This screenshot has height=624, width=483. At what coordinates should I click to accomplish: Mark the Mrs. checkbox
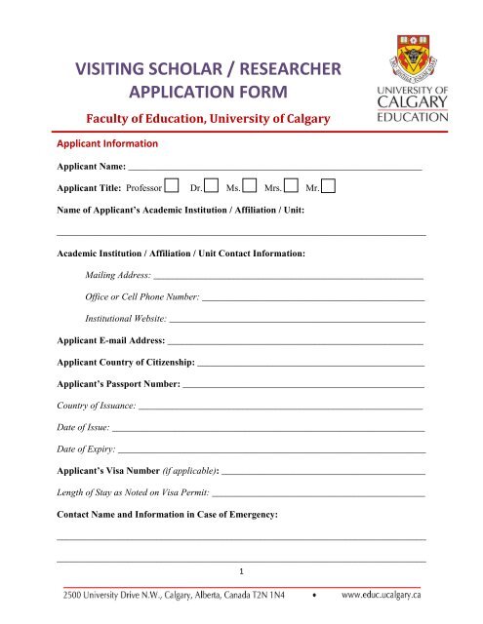pyautogui.click(x=290, y=185)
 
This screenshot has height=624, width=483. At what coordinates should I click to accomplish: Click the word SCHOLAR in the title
pyautogui.click(x=195, y=70)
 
